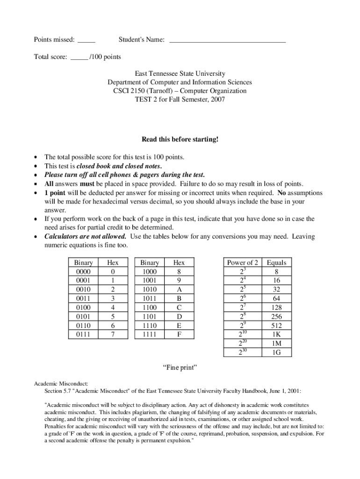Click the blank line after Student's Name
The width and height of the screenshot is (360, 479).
click(227, 41)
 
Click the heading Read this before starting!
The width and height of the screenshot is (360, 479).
click(180, 139)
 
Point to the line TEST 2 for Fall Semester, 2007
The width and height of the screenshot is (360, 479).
click(180, 99)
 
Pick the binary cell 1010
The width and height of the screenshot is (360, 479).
click(150, 290)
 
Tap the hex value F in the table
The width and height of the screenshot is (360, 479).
click(179, 334)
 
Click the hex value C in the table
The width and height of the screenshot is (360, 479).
click(179, 307)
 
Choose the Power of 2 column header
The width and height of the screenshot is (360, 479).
click(243, 262)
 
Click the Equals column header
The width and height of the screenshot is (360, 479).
click(276, 262)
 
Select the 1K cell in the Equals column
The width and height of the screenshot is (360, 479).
click(276, 334)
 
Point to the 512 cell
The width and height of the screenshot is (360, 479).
click(276, 326)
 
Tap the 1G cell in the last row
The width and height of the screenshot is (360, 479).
click(276, 352)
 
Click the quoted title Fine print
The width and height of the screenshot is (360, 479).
click(180, 368)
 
